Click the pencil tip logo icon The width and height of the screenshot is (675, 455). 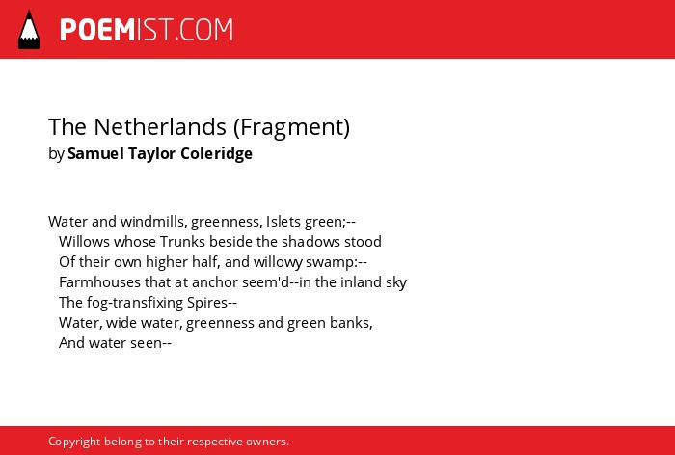29,30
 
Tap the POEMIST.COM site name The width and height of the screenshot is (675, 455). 147,30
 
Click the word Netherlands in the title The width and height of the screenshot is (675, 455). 160,126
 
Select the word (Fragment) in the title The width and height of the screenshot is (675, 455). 291,127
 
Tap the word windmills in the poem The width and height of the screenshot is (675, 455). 153,222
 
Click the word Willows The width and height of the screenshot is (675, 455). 85,242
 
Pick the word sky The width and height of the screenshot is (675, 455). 397,282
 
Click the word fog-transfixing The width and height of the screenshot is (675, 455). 135,303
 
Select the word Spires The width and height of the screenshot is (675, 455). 207,303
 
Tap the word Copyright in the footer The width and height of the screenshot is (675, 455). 74,442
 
